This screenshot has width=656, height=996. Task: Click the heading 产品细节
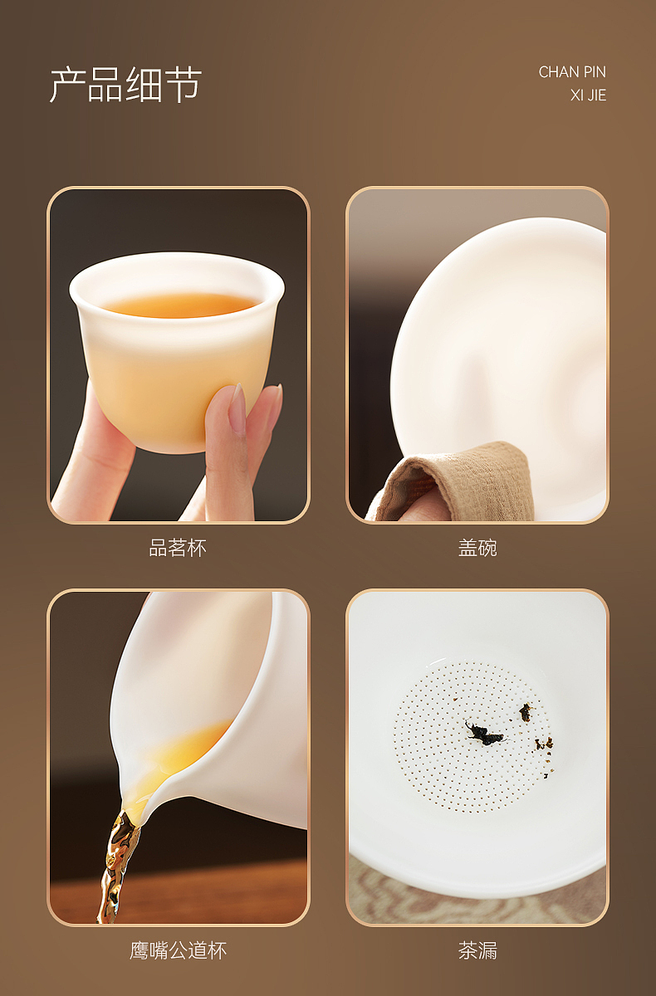pyautogui.click(x=125, y=85)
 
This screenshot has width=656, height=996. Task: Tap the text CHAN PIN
pyautogui.click(x=572, y=72)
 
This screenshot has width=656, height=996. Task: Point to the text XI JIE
pyautogui.click(x=588, y=95)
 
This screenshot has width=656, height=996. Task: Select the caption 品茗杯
pyautogui.click(x=178, y=548)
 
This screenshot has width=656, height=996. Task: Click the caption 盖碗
pyautogui.click(x=477, y=548)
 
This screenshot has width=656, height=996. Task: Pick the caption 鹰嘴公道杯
pyautogui.click(x=178, y=950)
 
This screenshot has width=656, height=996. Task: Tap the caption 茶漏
pyautogui.click(x=477, y=950)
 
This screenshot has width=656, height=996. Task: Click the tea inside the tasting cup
pyautogui.click(x=179, y=305)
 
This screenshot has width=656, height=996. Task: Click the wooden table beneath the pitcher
pyautogui.click(x=216, y=892)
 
